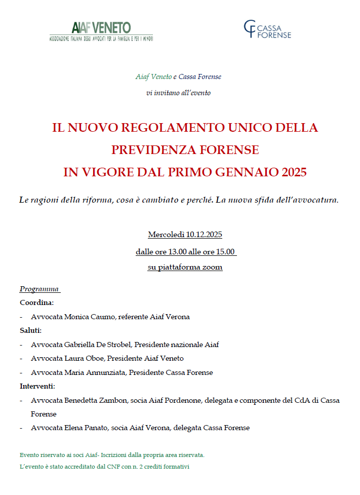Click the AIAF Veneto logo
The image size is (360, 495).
[101, 30]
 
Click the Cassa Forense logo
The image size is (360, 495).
[267, 29]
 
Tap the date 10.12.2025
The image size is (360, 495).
[204, 235]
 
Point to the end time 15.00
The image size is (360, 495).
[225, 251]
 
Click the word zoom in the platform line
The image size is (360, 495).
[213, 267]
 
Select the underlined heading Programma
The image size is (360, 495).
[39, 289]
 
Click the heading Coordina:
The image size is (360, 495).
[36, 303]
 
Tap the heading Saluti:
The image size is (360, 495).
[30, 330]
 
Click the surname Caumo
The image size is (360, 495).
[103, 317]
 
